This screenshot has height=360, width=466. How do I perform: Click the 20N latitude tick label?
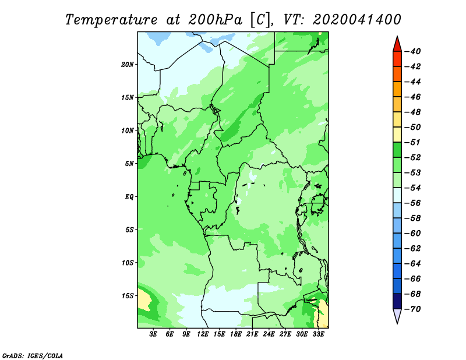(x=127, y=65)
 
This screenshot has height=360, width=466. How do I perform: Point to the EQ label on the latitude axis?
(x=129, y=197)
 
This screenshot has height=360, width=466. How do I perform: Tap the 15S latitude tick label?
(x=127, y=296)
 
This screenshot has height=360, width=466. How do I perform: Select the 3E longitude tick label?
(x=153, y=334)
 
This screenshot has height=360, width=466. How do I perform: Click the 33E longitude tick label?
(x=318, y=334)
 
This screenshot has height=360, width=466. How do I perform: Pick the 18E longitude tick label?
(x=236, y=334)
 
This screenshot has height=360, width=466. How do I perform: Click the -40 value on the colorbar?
(x=412, y=51)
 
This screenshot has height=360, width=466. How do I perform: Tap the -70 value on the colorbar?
(x=412, y=309)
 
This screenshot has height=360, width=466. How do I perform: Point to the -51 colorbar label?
(x=412, y=142)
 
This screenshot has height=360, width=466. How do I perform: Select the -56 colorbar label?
(x=412, y=203)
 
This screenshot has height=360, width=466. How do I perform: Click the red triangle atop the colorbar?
(x=397, y=44)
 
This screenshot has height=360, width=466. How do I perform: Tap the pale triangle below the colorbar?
(x=397, y=316)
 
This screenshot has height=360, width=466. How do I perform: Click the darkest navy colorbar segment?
(x=397, y=301)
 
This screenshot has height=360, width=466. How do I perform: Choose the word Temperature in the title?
(x=111, y=20)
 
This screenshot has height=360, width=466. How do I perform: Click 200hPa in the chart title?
(x=215, y=20)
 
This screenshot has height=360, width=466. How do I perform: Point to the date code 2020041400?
(x=357, y=20)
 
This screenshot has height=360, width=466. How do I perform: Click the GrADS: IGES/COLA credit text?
(x=33, y=356)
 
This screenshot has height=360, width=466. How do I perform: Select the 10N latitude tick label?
(x=127, y=130)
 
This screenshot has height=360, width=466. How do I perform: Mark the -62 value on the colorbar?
(x=412, y=249)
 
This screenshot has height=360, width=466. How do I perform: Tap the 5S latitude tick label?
(x=129, y=230)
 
